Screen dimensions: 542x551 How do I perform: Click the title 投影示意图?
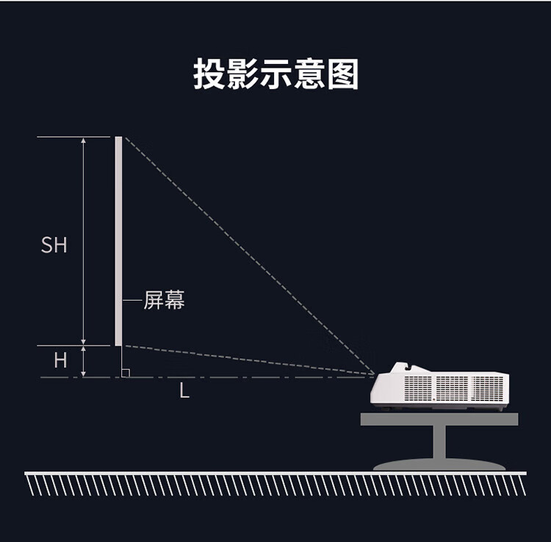point(275,74)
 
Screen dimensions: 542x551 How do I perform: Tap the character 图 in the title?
point(343,74)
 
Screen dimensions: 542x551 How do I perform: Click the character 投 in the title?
point(209,74)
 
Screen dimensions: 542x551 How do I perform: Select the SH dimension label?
point(54,245)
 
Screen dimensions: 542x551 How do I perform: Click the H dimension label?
point(60,360)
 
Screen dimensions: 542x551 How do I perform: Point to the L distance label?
point(184,391)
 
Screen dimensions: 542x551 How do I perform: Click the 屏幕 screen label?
point(164,300)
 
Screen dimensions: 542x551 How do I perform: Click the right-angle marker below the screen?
point(125,373)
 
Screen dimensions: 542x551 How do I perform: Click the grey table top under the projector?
point(439,419)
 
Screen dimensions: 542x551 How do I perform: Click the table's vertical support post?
point(439,442)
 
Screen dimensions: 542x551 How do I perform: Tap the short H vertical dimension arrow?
point(84,361)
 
